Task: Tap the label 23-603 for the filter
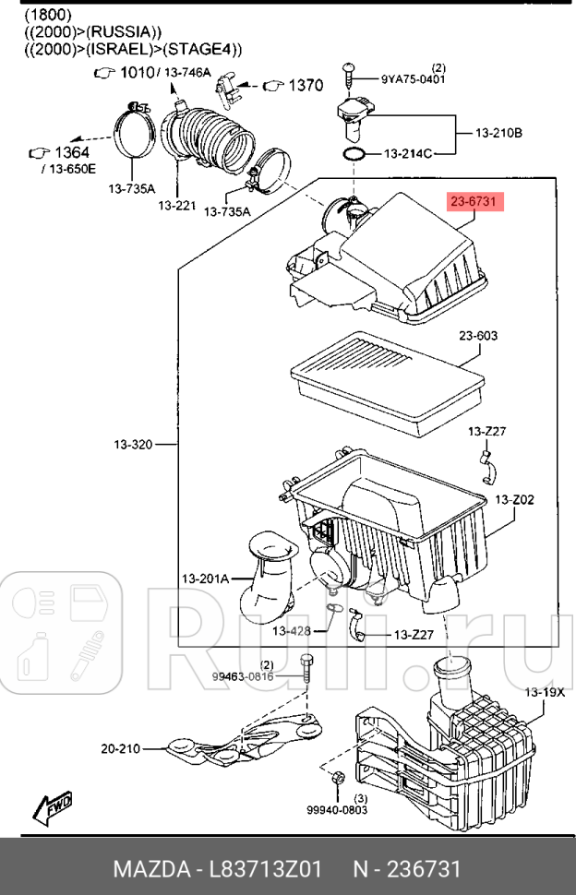[x=478, y=336]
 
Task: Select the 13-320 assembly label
[x=133, y=444]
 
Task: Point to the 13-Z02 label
[x=514, y=500]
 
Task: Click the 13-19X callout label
[x=544, y=692]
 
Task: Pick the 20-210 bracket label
[x=120, y=748]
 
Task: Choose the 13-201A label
[x=205, y=579]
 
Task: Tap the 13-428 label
[x=291, y=631]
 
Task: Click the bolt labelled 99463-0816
[x=307, y=672]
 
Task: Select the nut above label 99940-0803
[x=337, y=778]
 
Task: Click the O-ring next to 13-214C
[x=354, y=153]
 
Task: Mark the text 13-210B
[x=498, y=133]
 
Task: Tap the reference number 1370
[x=306, y=85]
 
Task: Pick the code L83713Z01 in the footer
[x=266, y=868]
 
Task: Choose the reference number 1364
[x=72, y=152]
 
